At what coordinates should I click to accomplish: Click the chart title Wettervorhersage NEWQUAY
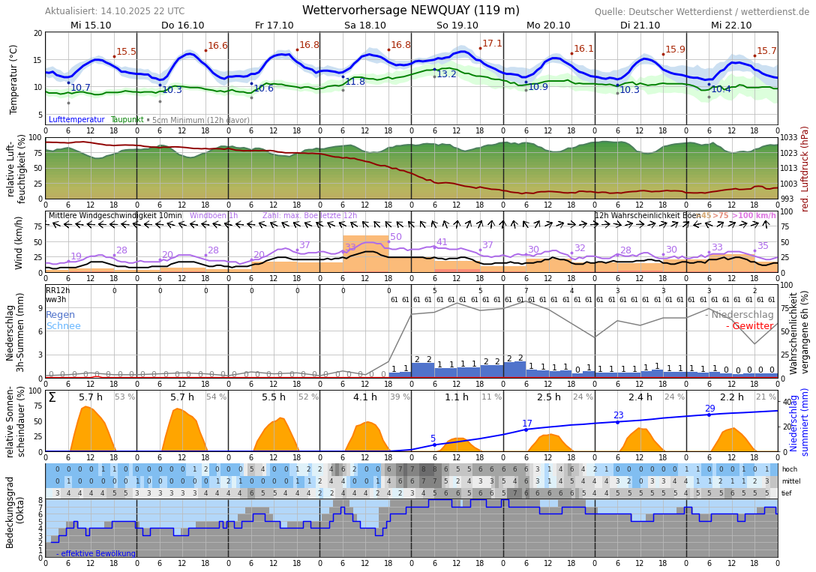[x=410, y=10]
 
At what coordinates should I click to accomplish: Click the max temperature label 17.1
[x=492, y=43]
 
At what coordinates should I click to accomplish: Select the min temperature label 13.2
[x=446, y=74]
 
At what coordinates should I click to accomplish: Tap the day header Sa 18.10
[x=365, y=25]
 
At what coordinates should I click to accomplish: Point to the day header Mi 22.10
[x=731, y=25]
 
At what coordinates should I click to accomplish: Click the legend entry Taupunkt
[x=127, y=120]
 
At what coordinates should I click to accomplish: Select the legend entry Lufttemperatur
[x=76, y=120]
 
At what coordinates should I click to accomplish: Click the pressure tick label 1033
[x=789, y=138]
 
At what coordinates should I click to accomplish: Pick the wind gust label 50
[x=396, y=237]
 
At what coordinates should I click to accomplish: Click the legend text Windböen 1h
[x=214, y=216]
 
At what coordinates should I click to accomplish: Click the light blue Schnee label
[x=63, y=326]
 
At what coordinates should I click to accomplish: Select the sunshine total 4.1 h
[x=365, y=397]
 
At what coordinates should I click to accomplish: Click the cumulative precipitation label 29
[x=709, y=409]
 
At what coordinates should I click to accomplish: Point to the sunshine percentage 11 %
[x=492, y=397]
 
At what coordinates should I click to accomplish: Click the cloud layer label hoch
[x=790, y=469]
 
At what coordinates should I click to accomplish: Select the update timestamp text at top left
[x=115, y=11]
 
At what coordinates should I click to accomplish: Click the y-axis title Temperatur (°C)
[x=13, y=79]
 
